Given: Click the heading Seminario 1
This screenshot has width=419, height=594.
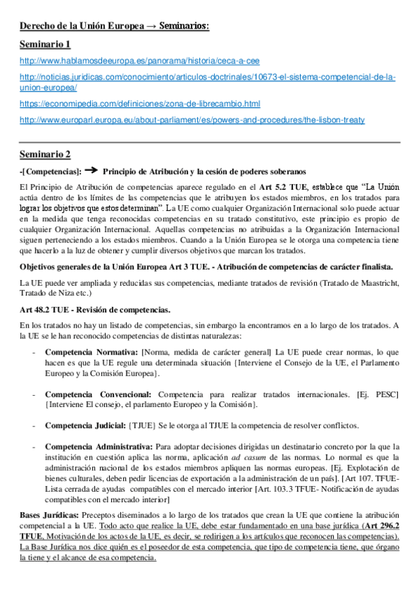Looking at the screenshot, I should click(x=45, y=45).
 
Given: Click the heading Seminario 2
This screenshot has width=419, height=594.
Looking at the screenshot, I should click(x=45, y=153).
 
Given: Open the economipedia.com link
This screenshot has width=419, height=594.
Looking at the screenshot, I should click(x=140, y=104).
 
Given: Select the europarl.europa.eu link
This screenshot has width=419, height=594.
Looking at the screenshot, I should click(x=192, y=120).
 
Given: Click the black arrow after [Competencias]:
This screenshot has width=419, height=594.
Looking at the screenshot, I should click(x=91, y=170).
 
